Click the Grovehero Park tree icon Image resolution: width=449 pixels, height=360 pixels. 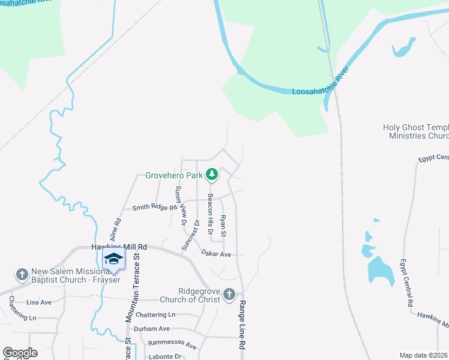pos(211,175)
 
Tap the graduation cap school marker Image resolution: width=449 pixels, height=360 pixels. pos(113,260)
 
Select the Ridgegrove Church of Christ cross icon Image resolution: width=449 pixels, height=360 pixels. pos(229,294)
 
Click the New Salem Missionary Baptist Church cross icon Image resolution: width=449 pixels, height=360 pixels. pos(22,275)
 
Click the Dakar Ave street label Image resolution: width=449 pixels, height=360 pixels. pos(216,254)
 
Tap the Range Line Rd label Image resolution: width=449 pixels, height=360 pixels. pos(243,326)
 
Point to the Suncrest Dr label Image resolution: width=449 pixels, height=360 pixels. pos(191,235)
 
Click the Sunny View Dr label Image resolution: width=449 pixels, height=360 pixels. pos(180,205)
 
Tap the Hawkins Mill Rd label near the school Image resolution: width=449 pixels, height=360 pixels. pos(119,247)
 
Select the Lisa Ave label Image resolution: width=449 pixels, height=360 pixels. pos(39,302)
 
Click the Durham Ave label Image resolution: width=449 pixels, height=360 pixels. pos(152,329)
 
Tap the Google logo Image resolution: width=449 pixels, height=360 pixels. pos(20,353)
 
